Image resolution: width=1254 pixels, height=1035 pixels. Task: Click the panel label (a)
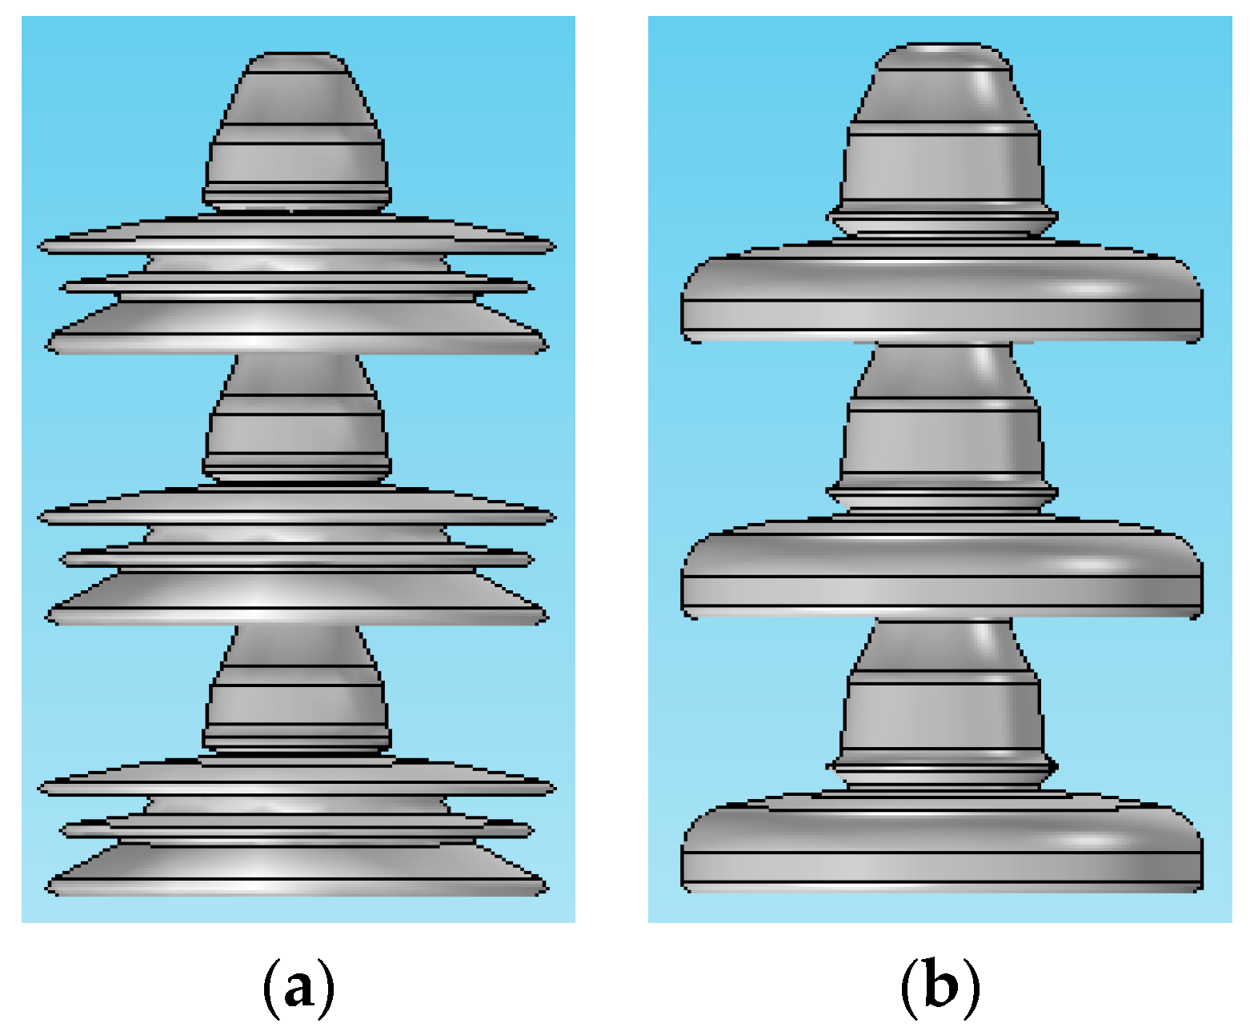coord(298,989)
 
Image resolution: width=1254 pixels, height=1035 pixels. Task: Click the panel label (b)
coord(939,989)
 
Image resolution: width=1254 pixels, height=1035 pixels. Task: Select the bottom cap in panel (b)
coord(943,696)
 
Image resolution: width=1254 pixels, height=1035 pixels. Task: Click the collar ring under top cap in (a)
coord(296,195)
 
